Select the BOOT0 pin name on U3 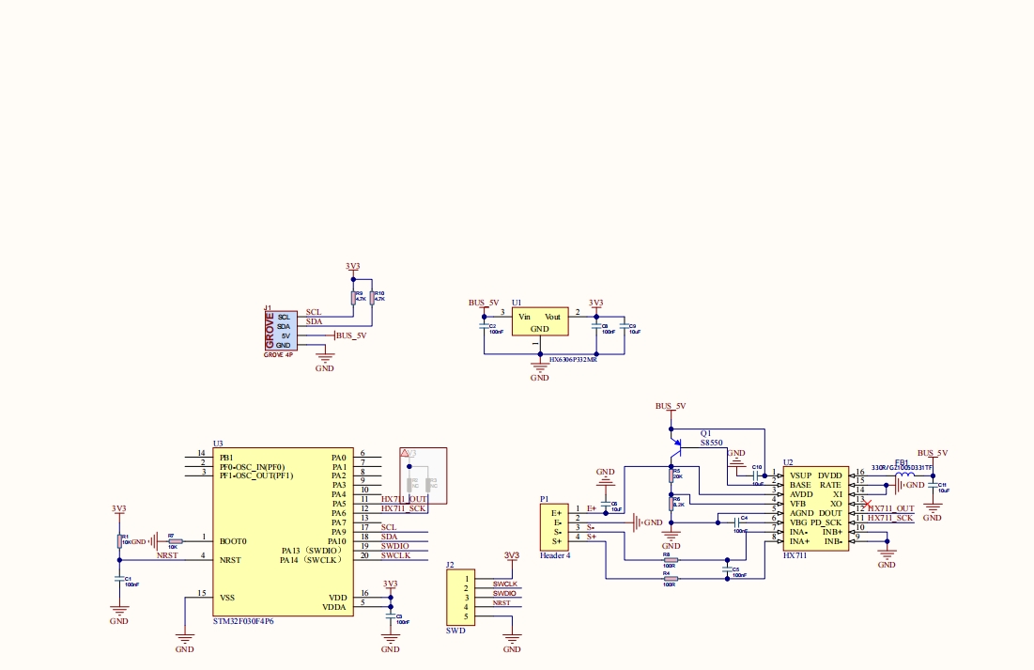[232, 541]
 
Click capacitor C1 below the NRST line [118, 579]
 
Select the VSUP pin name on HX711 [800, 475]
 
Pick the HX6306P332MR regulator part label [573, 359]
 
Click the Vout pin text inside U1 [552, 317]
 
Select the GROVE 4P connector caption [278, 355]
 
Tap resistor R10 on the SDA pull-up [372, 298]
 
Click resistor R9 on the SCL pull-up [353, 298]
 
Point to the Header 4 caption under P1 [555, 555]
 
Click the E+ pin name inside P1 [556, 512]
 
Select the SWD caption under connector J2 [455, 631]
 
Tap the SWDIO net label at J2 [504, 594]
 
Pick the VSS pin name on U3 [227, 597]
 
